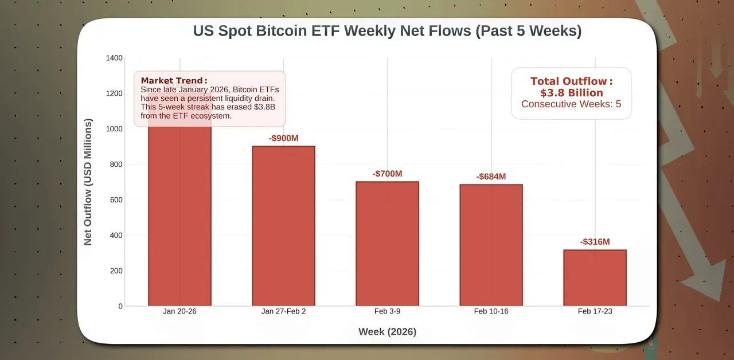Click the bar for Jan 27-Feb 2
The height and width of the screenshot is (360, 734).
[x=283, y=226]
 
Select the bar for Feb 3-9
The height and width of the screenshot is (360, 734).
[x=387, y=244]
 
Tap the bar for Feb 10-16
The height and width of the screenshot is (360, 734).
[x=491, y=245]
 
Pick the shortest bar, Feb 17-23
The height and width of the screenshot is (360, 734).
[x=595, y=277]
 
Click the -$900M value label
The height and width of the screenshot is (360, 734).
[x=283, y=138]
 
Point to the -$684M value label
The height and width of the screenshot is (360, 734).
[x=491, y=177]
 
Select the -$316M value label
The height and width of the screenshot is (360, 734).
[x=595, y=242]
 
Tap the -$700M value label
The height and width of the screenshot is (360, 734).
[x=387, y=174]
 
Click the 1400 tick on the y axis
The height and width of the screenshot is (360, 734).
[x=114, y=58]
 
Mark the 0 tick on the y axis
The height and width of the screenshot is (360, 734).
[x=120, y=306]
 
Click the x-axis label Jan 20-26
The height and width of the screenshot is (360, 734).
[x=179, y=311]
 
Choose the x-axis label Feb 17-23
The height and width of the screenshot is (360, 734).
[x=595, y=311]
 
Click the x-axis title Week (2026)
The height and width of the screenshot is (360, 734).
[x=387, y=331]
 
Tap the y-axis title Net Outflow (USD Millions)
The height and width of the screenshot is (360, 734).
[x=88, y=182]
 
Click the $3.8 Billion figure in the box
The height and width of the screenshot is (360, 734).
[x=571, y=93]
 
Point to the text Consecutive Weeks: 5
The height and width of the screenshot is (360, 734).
[x=571, y=104]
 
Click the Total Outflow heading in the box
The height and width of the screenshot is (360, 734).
[x=571, y=81]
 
